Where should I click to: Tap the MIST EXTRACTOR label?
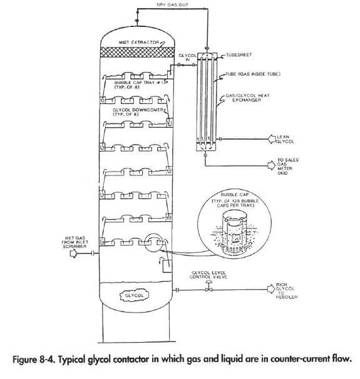(138, 41)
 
